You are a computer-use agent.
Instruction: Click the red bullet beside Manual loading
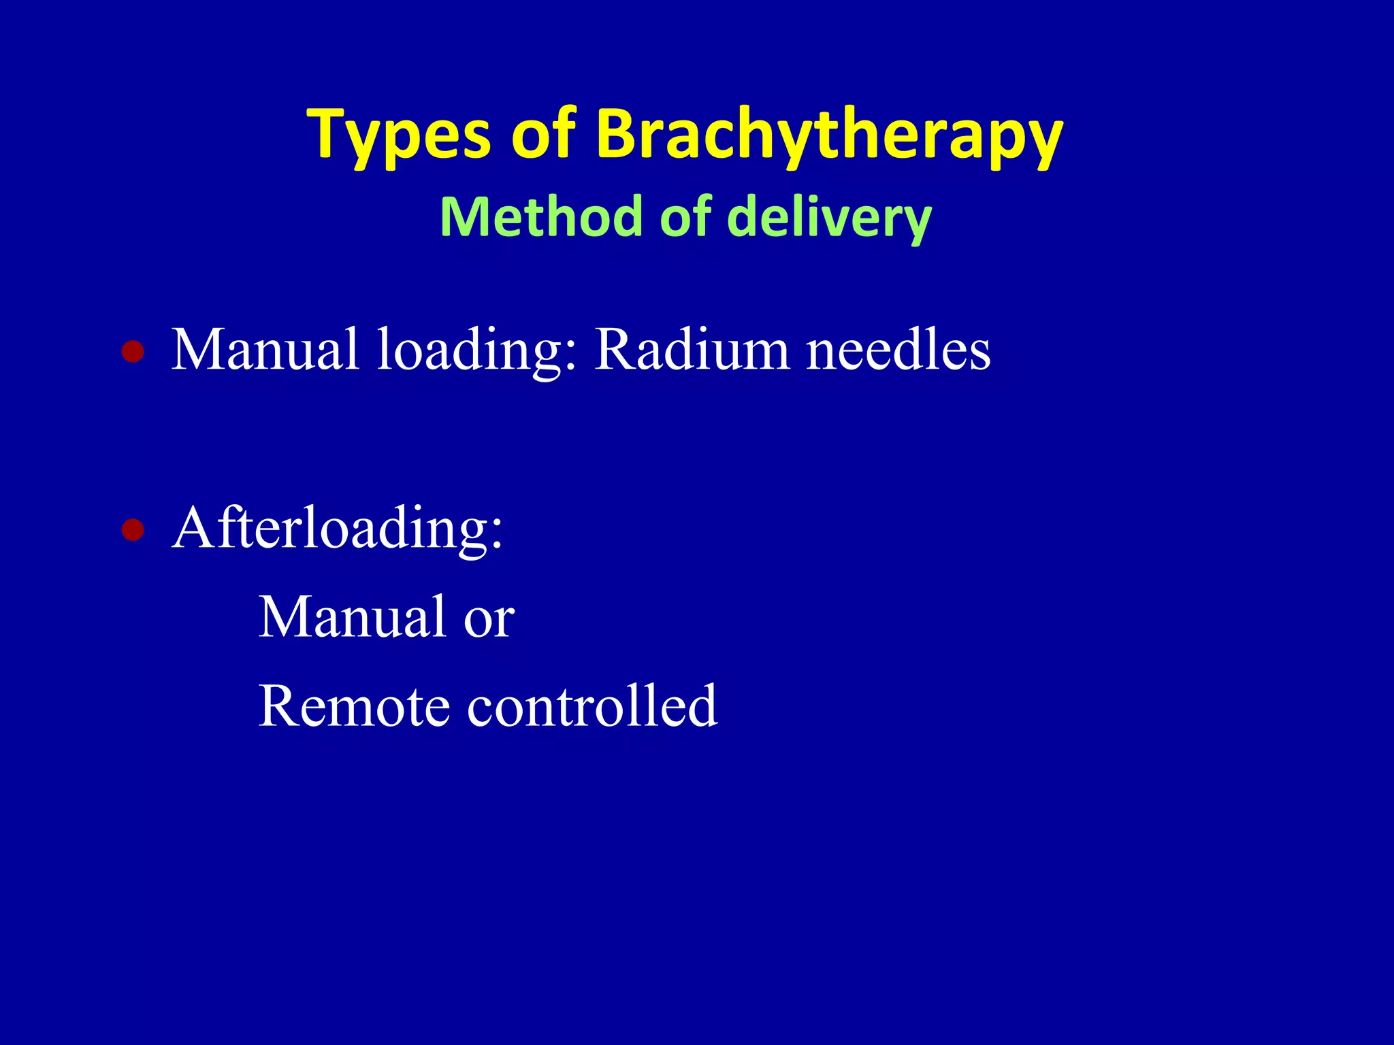[x=133, y=352]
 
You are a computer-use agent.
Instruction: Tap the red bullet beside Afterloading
[x=133, y=529]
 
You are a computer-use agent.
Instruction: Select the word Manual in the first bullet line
[x=265, y=350]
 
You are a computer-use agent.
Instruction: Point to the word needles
[x=898, y=350]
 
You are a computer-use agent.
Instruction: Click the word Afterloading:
[x=338, y=528]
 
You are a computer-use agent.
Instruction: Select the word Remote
[x=354, y=706]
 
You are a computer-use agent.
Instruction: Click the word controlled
[x=591, y=706]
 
